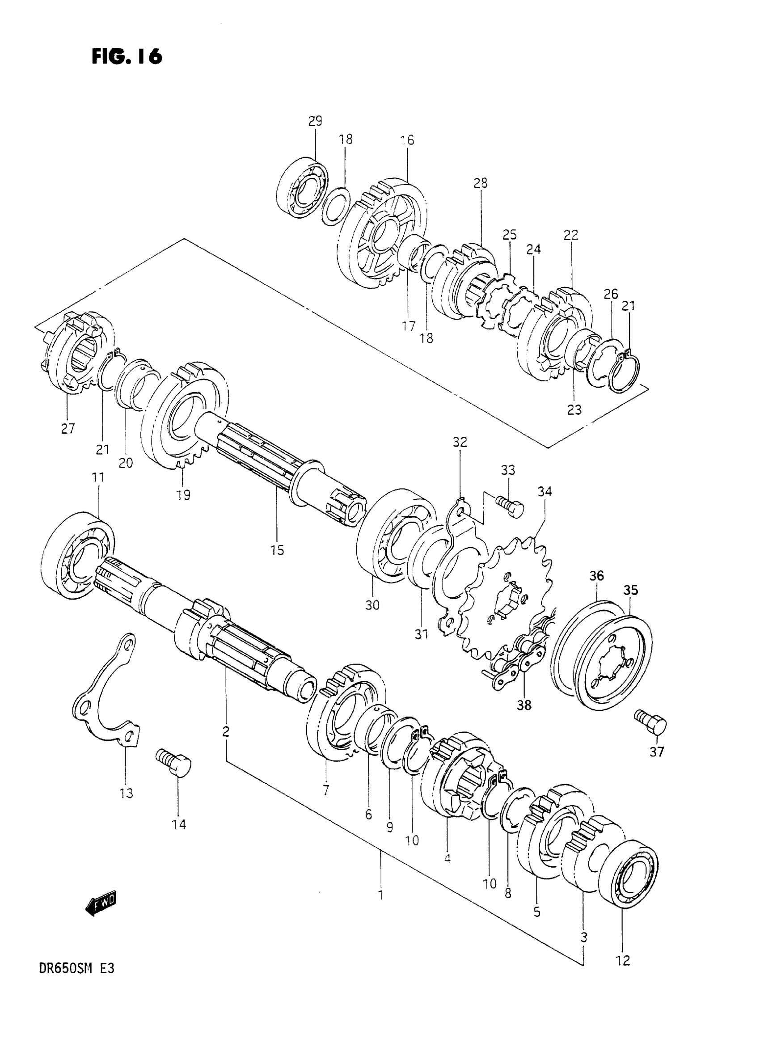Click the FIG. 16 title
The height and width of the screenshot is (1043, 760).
(127, 57)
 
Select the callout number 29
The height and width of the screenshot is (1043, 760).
(315, 122)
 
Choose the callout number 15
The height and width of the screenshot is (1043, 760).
(278, 550)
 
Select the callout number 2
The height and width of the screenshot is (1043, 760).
(226, 731)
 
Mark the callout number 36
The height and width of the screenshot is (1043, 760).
(597, 576)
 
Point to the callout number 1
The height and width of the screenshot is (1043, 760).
(380, 895)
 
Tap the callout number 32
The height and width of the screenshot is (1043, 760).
(460, 442)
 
